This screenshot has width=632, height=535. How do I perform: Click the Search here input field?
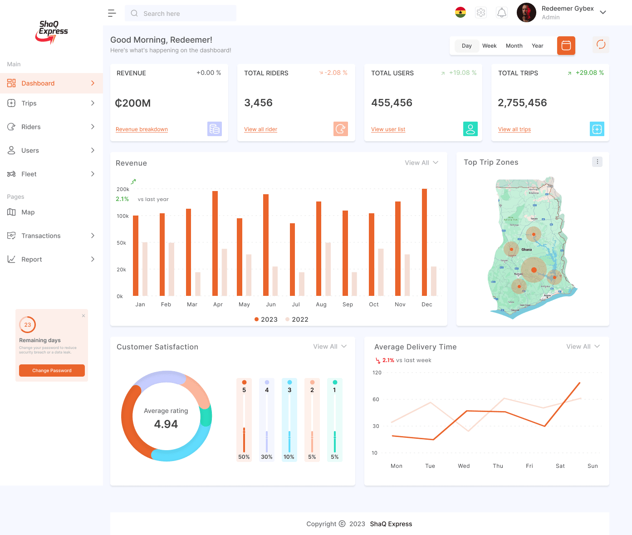point(181,14)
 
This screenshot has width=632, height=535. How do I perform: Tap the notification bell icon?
point(501,13)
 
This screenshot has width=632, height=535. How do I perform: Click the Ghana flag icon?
point(461,13)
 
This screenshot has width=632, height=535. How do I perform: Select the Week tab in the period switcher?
point(489,46)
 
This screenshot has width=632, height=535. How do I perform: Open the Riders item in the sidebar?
point(31,127)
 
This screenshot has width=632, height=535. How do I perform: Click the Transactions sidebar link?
point(41,236)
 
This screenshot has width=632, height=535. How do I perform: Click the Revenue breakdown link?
point(142,129)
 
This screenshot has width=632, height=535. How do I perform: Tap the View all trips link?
point(514,129)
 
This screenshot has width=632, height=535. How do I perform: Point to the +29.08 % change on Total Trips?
point(589,73)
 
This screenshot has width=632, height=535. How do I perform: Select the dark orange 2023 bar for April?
point(215,243)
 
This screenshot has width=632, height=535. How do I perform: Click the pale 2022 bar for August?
point(328,269)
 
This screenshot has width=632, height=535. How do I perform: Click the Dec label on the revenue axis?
point(426,304)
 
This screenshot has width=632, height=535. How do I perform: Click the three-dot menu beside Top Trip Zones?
point(597,162)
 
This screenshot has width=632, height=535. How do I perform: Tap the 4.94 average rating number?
point(166,424)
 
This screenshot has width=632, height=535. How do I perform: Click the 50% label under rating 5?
point(244,457)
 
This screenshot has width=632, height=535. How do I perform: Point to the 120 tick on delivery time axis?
point(377,373)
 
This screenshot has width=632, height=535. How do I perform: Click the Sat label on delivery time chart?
point(560,466)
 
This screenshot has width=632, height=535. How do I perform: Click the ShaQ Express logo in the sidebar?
point(52,32)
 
